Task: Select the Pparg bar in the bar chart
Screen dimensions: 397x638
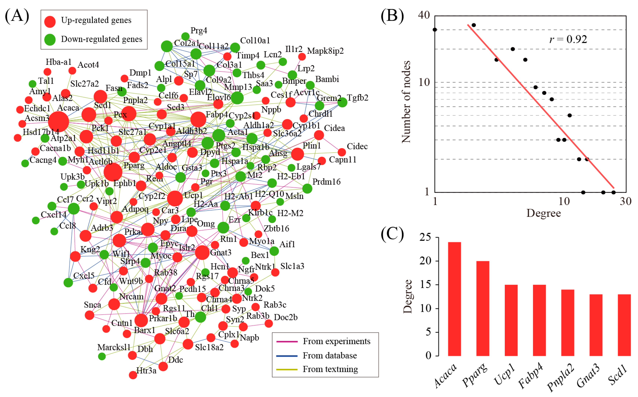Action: pyautogui.click(x=482, y=308)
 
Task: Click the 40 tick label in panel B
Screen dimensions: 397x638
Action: pyautogui.click(x=424, y=15)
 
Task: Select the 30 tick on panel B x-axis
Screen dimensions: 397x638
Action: pyautogui.click(x=626, y=202)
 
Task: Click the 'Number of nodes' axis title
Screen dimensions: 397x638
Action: pyautogui.click(x=406, y=102)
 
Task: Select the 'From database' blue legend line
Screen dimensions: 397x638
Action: pyautogui.click(x=287, y=356)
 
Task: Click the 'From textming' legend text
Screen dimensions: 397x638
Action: pyautogui.click(x=330, y=369)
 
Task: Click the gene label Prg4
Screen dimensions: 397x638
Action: pyautogui.click(x=199, y=30)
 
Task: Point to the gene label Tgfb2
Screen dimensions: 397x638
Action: pyautogui.click(x=357, y=98)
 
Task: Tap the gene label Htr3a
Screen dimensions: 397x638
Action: pyautogui.click(x=146, y=371)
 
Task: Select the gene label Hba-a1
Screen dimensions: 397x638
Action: pyautogui.click(x=58, y=62)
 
